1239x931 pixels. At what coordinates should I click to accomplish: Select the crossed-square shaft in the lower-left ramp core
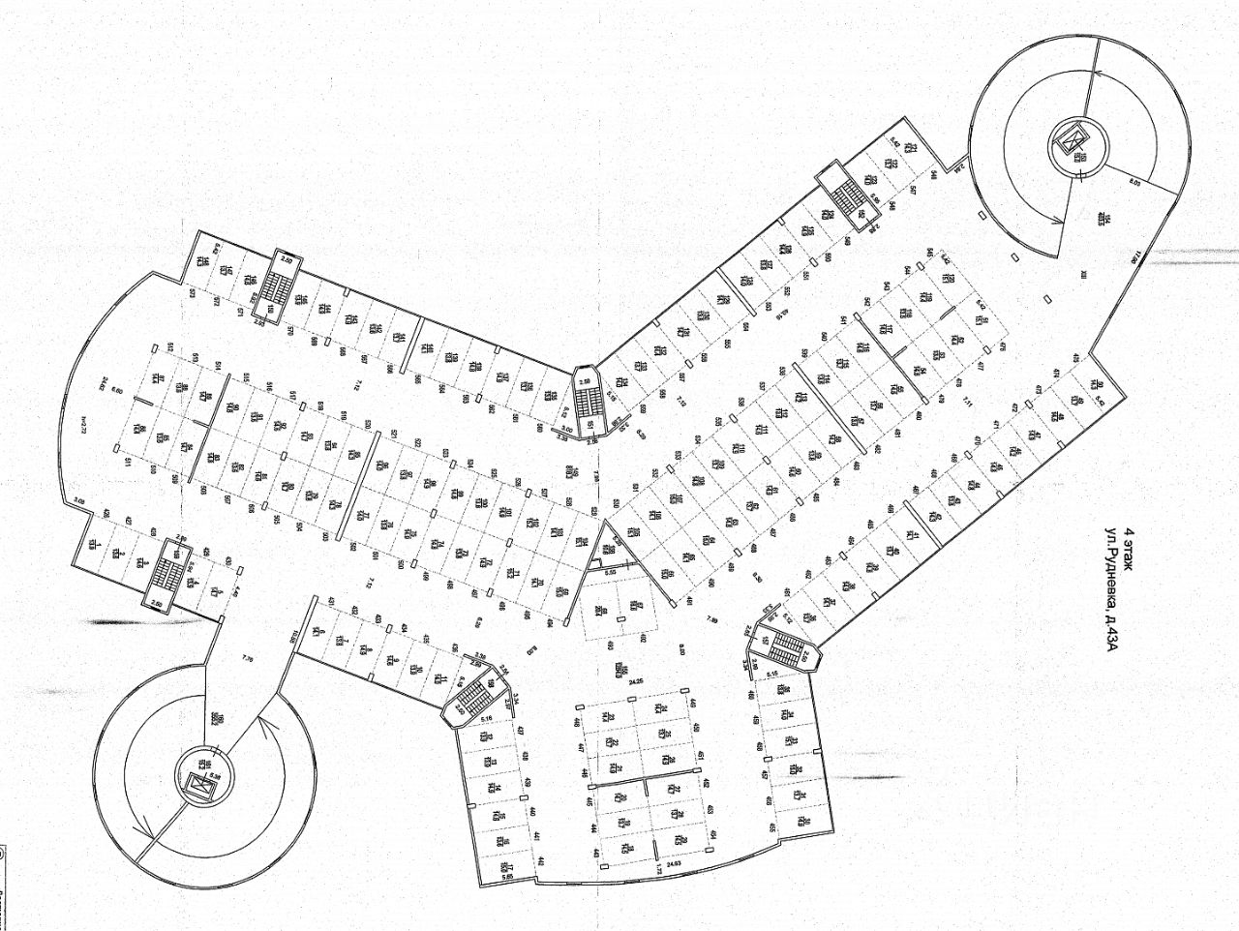[200, 787]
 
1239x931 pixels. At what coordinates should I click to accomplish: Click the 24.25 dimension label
[635, 680]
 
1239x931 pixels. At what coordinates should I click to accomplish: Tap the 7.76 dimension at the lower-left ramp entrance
[245, 662]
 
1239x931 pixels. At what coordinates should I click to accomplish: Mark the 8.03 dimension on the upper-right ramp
[1134, 179]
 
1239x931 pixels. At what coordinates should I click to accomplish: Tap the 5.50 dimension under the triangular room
[611, 574]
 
